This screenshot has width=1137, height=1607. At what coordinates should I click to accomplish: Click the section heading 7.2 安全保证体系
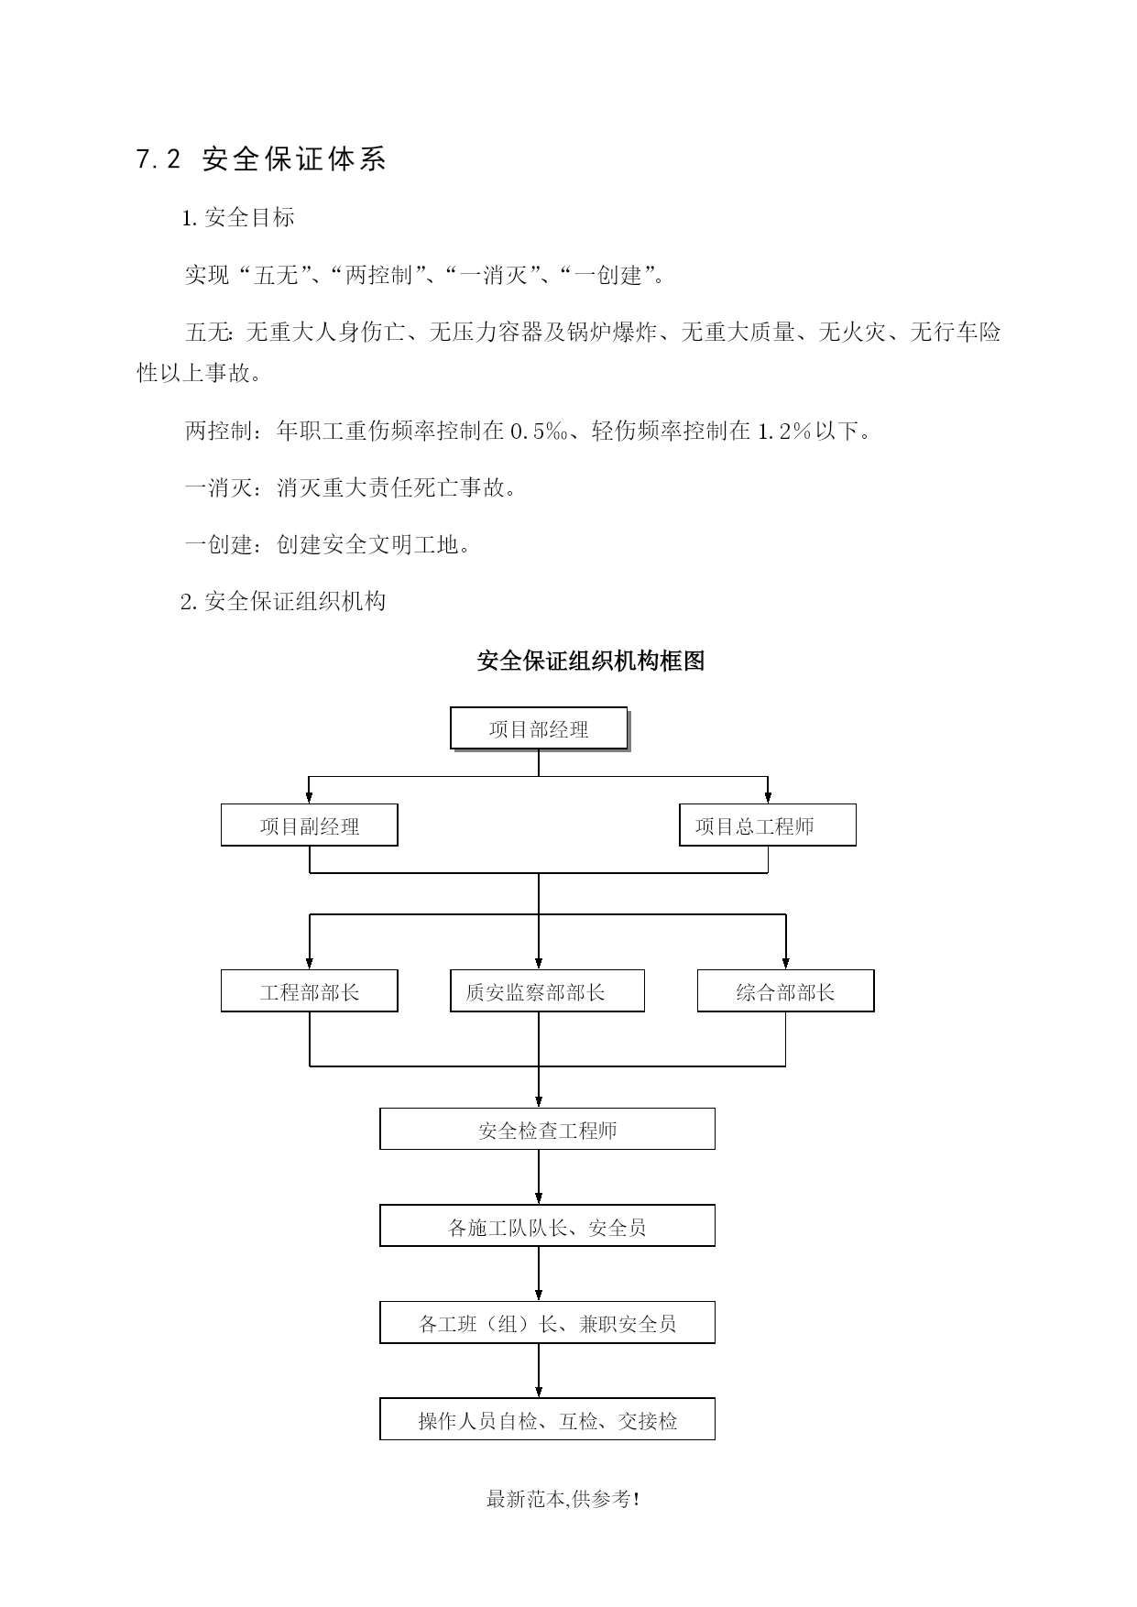click(x=261, y=159)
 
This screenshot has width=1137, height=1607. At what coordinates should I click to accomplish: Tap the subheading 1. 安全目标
click(x=238, y=218)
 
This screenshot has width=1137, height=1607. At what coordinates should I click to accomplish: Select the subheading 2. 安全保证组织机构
click(x=283, y=601)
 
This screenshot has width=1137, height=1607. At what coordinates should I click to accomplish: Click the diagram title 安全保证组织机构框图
click(x=591, y=661)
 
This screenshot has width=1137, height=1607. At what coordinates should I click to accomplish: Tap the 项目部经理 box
click(x=539, y=729)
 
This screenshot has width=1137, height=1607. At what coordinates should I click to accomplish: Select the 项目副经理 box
click(x=310, y=825)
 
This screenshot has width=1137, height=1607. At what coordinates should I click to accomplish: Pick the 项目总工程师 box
click(x=768, y=825)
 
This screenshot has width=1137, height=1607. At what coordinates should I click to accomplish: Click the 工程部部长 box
click(x=310, y=991)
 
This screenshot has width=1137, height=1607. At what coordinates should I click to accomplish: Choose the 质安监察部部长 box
click(x=547, y=991)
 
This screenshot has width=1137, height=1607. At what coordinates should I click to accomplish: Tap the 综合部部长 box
click(x=786, y=991)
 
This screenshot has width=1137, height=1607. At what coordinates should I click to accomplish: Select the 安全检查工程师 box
click(x=547, y=1130)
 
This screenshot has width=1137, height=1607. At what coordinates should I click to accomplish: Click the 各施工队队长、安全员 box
click(x=547, y=1226)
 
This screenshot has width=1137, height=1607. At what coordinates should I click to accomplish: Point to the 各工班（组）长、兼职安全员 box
click(x=547, y=1323)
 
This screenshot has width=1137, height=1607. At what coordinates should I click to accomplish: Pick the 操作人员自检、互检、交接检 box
click(x=547, y=1419)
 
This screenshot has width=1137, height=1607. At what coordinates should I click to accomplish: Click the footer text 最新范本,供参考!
click(x=563, y=1500)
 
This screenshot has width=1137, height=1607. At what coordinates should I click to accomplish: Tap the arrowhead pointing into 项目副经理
click(x=310, y=797)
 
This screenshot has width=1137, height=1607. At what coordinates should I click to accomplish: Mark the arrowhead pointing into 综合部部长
click(x=786, y=963)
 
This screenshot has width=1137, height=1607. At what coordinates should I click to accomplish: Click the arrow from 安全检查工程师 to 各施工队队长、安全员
click(x=539, y=1177)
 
